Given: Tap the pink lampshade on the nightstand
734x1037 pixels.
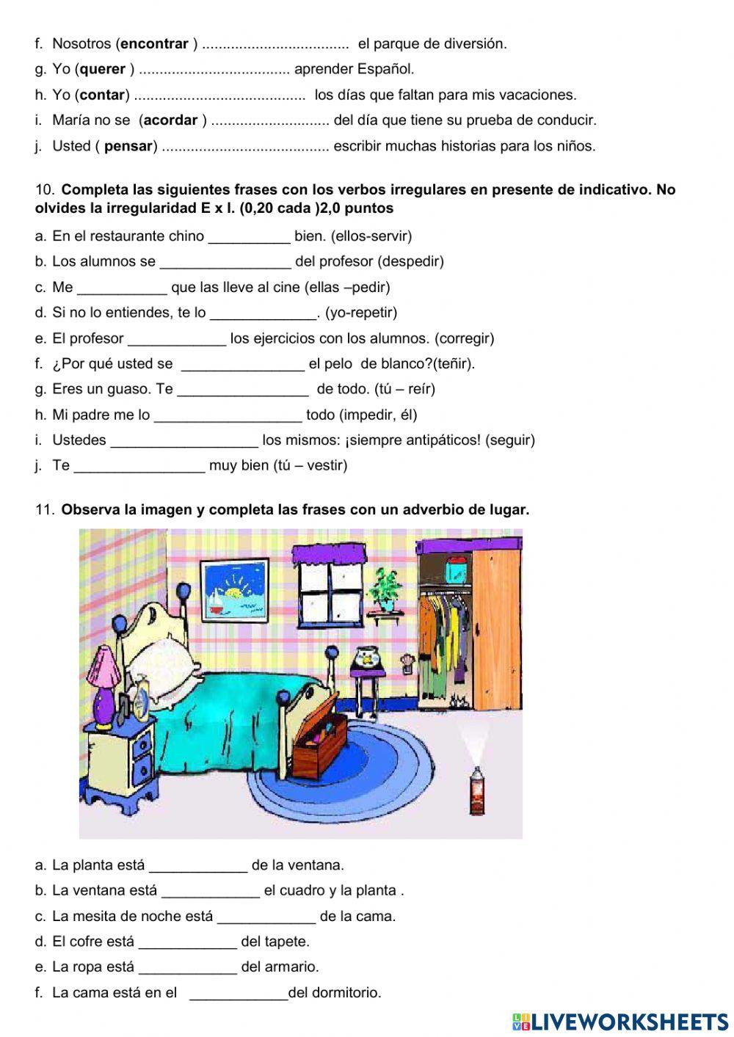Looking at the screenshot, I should [x=103, y=666].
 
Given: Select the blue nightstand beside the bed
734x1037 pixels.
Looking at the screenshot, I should [x=120, y=763].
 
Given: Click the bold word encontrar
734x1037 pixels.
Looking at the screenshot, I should [x=154, y=44].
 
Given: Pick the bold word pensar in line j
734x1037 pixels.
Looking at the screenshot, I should [x=128, y=146].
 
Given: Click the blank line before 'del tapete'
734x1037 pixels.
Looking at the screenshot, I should [x=187, y=942].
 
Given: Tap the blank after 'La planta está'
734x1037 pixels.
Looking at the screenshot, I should [x=198, y=865].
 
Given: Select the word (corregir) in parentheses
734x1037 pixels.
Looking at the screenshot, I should [x=465, y=338].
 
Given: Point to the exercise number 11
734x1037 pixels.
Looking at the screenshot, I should [x=44, y=510].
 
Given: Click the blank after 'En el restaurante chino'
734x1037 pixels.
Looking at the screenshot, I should [x=250, y=236].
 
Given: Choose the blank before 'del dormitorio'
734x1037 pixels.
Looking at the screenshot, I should [x=239, y=993].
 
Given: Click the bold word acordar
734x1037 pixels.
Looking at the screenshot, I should [x=171, y=120].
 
